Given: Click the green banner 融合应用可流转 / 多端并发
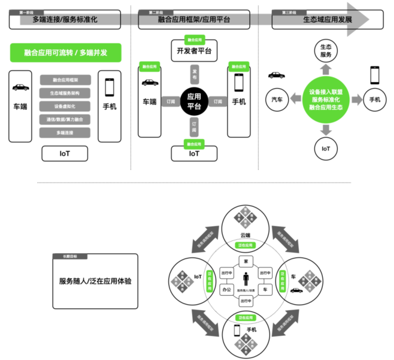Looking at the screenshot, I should tap(66, 53).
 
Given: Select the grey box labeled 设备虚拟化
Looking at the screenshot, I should tap(65, 106).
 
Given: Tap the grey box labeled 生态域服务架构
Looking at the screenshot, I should tap(65, 93).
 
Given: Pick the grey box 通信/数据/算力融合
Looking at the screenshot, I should tap(65, 120).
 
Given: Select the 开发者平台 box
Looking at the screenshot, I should tap(194, 51).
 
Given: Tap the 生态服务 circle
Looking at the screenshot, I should tap(326, 51).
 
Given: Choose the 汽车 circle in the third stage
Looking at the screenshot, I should tap(277, 100).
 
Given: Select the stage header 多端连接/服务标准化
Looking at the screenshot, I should tap(65, 20).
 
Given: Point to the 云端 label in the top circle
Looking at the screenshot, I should tap(246, 235).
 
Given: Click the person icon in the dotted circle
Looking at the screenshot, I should tap(246, 279).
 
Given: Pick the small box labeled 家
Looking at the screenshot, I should tap(246, 262).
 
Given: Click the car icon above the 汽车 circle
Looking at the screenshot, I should tap(276, 75).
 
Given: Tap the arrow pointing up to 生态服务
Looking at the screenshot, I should tap(326, 69).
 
